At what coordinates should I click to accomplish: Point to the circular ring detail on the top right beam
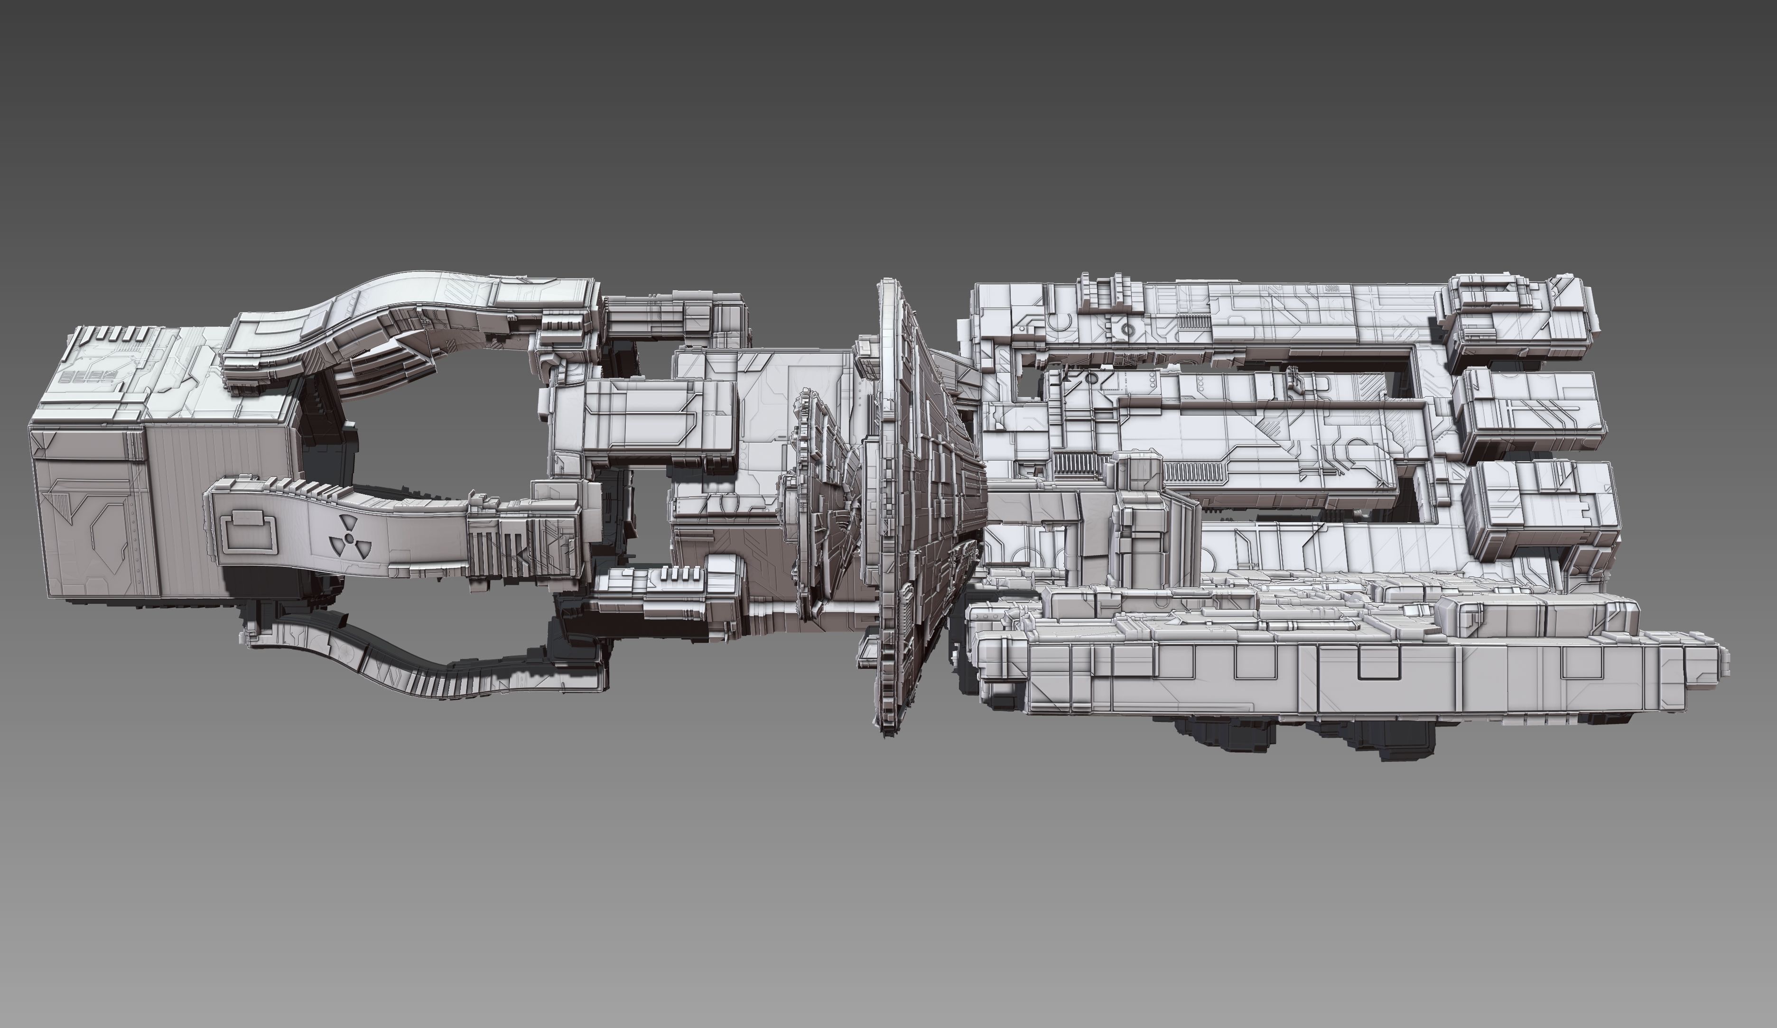coord(1127,330)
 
